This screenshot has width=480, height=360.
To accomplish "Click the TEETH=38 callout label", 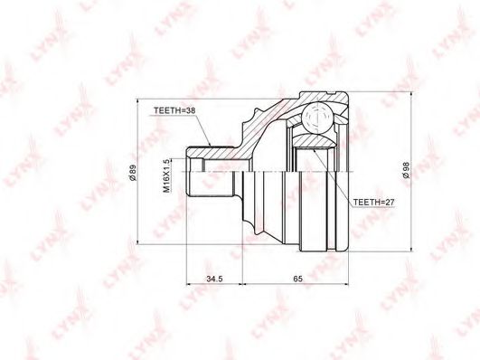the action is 174,111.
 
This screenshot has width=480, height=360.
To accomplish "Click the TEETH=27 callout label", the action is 373,203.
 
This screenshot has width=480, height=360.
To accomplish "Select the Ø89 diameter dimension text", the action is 133,173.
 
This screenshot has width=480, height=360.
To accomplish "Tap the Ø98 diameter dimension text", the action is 407,171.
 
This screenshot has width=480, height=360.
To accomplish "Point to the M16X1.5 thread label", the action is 167,175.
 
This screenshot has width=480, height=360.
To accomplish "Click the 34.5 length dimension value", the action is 214,279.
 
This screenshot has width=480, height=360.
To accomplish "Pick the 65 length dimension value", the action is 297,279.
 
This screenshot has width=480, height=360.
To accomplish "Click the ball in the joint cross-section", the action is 317,118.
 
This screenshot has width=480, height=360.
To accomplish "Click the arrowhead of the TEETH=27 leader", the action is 315,151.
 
